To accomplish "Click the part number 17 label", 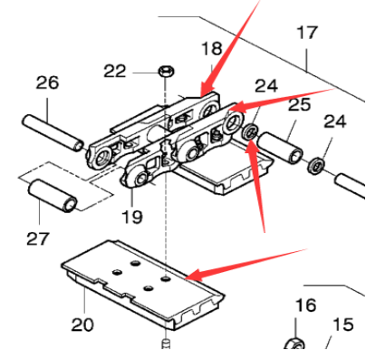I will click(x=307, y=33).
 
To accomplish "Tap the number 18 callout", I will click(x=211, y=48).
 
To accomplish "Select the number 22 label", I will click(x=140, y=71).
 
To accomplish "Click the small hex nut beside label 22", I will click(x=167, y=70).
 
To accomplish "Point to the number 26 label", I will click(x=47, y=83).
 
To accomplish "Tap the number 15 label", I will click(x=342, y=325).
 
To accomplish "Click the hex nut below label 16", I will click(x=294, y=345).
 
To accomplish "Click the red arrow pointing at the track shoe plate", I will click(x=245, y=259).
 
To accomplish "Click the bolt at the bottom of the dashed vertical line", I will click(x=166, y=344).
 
